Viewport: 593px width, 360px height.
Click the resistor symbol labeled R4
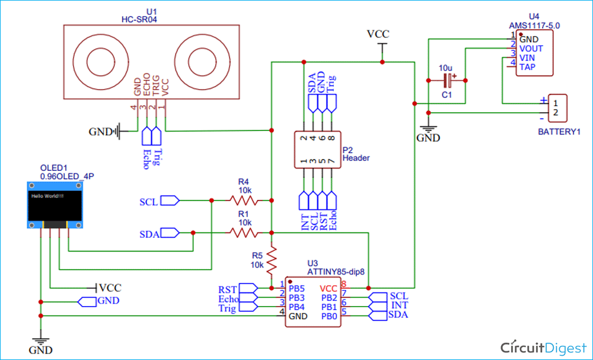[x=244, y=200]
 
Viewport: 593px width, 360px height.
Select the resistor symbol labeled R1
[x=244, y=233]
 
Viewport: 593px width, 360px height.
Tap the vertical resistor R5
[x=272, y=259]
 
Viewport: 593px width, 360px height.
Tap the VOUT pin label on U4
[x=531, y=49]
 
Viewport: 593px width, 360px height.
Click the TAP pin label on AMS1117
[x=527, y=67]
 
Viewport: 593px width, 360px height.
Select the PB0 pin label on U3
[x=329, y=316]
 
